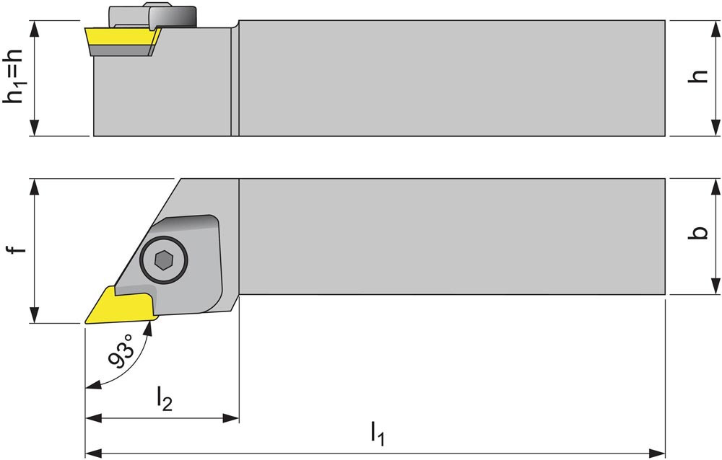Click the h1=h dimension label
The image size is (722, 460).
point(16,78)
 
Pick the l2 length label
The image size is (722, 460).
point(165,399)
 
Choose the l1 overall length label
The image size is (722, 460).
point(378,433)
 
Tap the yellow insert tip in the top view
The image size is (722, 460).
point(116,306)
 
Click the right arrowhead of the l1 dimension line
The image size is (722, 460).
point(658,453)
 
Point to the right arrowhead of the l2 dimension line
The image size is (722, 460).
point(232,418)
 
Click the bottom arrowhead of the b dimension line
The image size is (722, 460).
point(715,288)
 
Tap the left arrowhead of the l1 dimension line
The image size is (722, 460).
point(92,453)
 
